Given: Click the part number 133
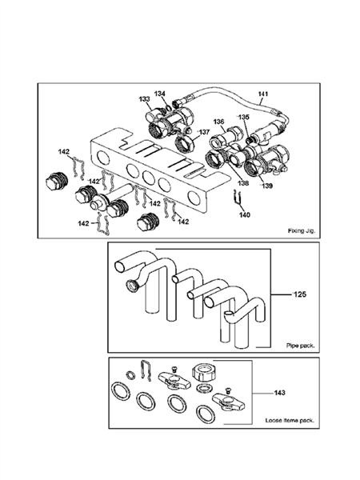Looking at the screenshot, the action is pyautogui.click(x=144, y=99).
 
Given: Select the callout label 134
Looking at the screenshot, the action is pyautogui.click(x=159, y=94).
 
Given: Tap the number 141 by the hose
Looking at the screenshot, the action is pyautogui.click(x=263, y=94).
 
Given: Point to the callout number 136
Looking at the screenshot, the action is pyautogui.click(x=219, y=122).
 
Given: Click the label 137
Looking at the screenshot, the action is pyautogui.click(x=205, y=132).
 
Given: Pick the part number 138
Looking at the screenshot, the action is pyautogui.click(x=244, y=183).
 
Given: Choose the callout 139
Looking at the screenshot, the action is pyautogui.click(x=267, y=186).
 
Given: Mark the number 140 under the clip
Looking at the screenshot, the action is pyautogui.click(x=245, y=215).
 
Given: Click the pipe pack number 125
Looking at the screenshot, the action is pyautogui.click(x=300, y=294).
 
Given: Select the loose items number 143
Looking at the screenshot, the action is pyautogui.click(x=280, y=393).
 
